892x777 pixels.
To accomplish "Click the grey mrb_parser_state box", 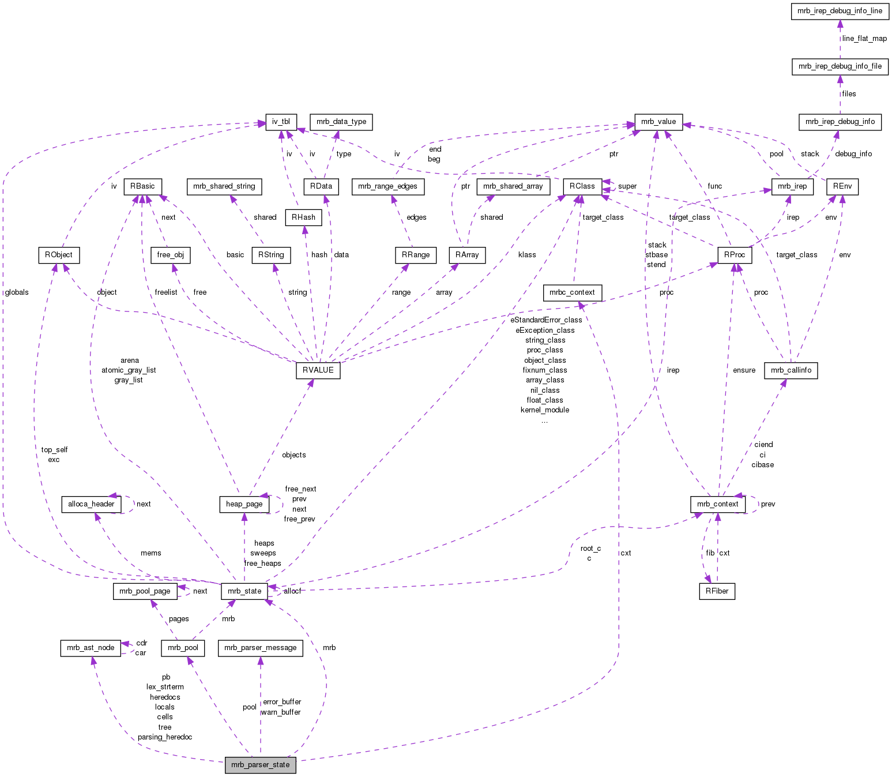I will point(261,765).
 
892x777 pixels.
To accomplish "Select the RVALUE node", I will point(318,370).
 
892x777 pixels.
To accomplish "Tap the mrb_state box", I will point(244,591).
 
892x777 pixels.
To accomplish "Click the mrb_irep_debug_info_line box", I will point(840,10).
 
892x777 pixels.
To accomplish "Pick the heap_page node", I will point(244,504).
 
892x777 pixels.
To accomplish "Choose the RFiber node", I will point(717,591).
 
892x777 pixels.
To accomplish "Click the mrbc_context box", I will point(572,292).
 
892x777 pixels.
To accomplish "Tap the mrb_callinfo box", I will point(791,370).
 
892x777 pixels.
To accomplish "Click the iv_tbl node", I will point(281,121).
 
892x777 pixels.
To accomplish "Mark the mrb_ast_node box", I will point(91,648).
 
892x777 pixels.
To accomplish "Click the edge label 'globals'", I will point(16,292).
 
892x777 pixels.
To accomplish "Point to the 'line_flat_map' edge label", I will point(864,39).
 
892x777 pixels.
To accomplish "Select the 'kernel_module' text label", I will point(545,410).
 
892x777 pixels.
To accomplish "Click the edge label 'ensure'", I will point(744,370).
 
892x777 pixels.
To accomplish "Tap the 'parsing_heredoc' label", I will point(165,737).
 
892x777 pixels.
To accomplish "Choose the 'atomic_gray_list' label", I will point(129,370).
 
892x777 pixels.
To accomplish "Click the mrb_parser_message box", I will point(261,648).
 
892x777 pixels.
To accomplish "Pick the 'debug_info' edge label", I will point(853,154).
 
